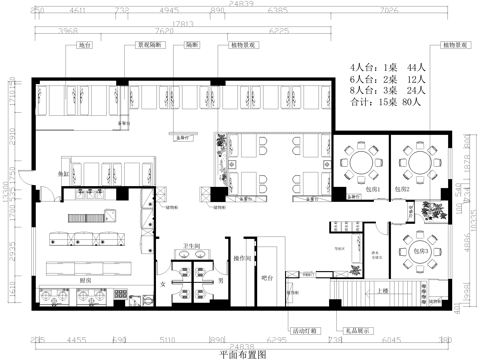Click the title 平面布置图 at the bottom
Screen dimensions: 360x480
[x=241, y=353]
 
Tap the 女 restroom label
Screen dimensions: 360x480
[x=163, y=283]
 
